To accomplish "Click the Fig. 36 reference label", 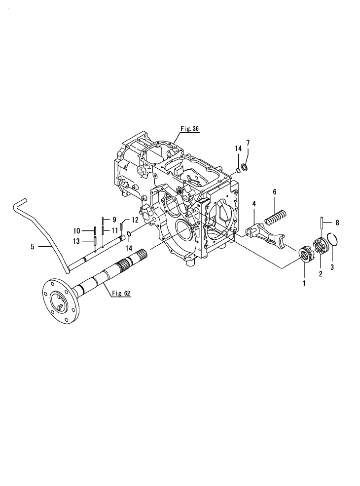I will pos(189,129).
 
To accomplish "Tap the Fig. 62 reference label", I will pos(120,293).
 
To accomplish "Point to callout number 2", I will pos(321,274).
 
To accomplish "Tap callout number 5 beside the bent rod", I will pos(33,246).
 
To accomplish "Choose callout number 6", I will pos(274,192).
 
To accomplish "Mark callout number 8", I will pos(337,222).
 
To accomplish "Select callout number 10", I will pos(77,230).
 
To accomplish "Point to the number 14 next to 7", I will pos(238,149).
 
